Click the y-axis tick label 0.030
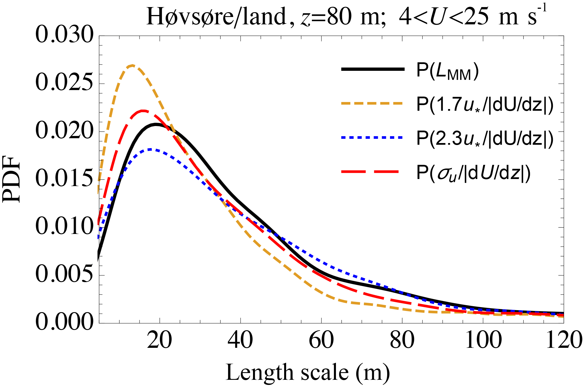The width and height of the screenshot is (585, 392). (64, 36)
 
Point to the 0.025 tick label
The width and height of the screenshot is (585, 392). (64, 84)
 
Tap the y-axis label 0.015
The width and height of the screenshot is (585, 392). (64, 179)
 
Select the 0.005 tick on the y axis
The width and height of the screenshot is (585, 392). (64, 275)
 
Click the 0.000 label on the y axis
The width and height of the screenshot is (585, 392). (64, 323)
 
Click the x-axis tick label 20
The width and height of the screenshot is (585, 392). (159, 340)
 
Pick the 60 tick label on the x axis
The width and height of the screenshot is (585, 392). (321, 340)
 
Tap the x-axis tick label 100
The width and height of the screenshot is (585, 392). (483, 340)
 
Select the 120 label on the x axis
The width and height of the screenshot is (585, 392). (563, 340)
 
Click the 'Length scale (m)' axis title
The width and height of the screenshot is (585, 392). (308, 373)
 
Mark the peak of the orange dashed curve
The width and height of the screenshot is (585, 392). (132, 65)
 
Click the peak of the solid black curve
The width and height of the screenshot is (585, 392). (156, 124)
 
